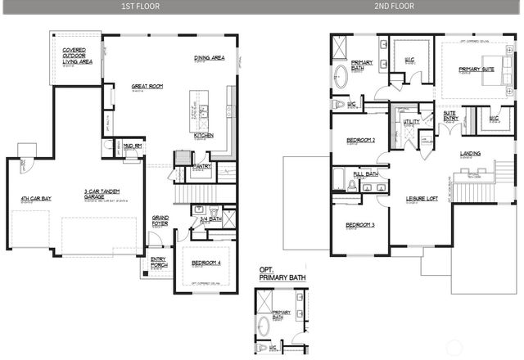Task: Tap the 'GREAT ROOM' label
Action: click(x=147, y=85)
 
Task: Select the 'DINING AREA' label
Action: click(x=210, y=58)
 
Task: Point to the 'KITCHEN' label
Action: click(x=204, y=136)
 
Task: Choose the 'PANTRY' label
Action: click(x=202, y=167)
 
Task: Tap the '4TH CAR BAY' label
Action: click(x=36, y=199)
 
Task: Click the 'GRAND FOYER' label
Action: click(x=160, y=220)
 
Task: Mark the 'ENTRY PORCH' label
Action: click(x=158, y=263)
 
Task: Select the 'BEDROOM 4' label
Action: click(x=205, y=263)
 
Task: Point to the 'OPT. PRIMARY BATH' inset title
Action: click(x=276, y=275)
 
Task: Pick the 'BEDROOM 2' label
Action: click(x=360, y=140)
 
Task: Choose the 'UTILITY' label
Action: click(x=411, y=122)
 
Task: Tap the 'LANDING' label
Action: click(x=470, y=153)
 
